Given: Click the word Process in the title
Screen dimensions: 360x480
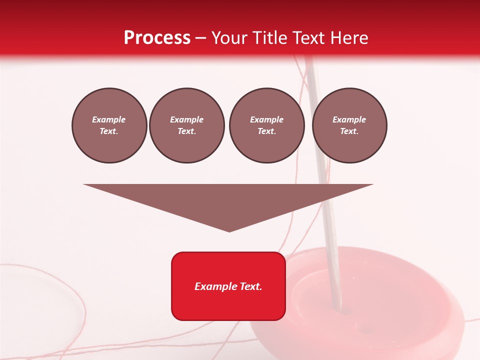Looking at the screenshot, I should (x=157, y=38).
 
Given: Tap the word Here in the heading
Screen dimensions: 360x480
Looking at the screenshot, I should (x=349, y=38).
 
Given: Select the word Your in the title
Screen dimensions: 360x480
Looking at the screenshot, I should (x=230, y=38).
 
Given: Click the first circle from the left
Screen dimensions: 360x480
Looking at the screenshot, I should (x=109, y=125).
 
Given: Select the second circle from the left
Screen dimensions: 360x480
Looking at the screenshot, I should (x=186, y=125).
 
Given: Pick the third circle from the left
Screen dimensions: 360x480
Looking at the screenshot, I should (x=266, y=125).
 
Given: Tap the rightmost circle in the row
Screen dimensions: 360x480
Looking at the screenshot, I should (x=349, y=125).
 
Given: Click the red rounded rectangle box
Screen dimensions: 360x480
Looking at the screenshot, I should (x=228, y=300).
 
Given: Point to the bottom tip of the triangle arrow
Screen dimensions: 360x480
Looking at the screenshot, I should (x=229, y=230).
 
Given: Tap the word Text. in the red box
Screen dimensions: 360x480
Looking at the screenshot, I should (x=250, y=286).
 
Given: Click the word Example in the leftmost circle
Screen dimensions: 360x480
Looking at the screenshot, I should (x=109, y=119).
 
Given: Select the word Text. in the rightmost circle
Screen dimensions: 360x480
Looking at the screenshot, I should (x=349, y=131).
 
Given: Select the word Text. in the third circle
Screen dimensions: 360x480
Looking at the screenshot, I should (x=266, y=131).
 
